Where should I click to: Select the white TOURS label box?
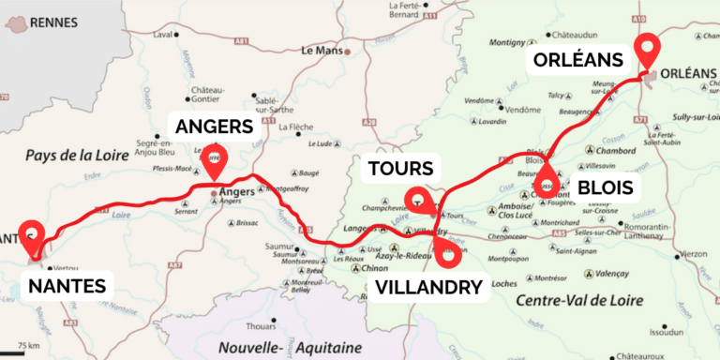[401, 170]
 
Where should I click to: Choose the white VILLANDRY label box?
[429, 287]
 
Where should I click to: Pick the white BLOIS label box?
[605, 188]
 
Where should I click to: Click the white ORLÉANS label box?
[577, 61]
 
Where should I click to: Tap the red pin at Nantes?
[33, 236]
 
